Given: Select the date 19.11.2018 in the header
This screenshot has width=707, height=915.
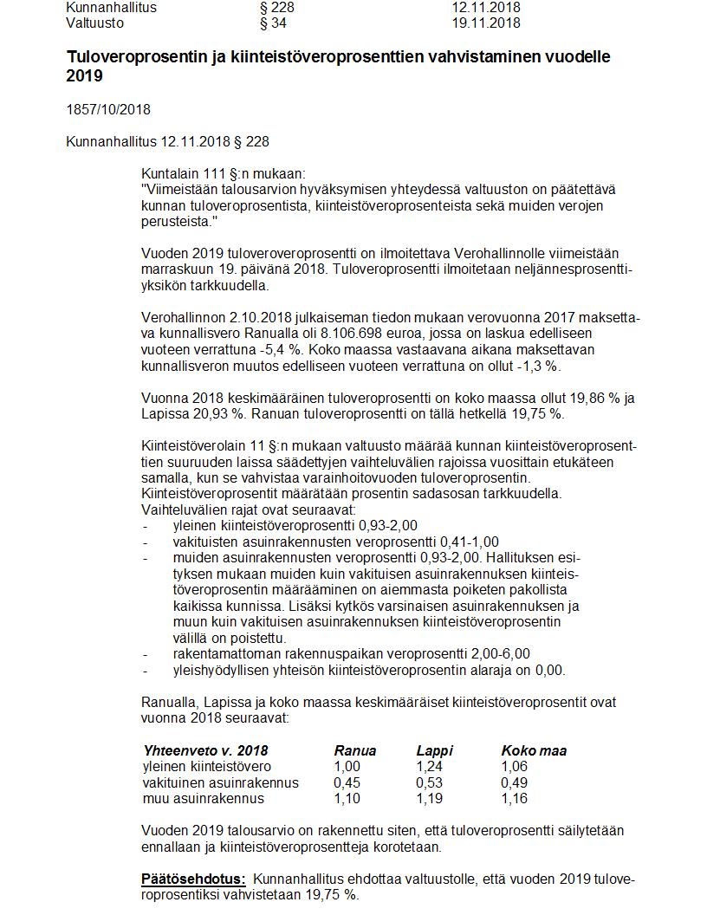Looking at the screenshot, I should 485,23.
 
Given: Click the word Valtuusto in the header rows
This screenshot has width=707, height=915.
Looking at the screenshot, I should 94,23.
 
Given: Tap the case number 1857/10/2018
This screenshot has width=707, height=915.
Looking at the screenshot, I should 108,109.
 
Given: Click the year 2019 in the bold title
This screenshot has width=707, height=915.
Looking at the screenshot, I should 84,76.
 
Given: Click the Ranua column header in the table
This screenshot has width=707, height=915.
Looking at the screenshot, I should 355,750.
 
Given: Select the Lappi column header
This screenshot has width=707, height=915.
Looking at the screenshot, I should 434,750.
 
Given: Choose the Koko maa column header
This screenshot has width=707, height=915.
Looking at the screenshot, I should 534,750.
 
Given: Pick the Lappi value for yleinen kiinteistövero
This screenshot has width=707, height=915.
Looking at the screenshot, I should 428,767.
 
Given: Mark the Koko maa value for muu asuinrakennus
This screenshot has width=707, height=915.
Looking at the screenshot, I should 514,798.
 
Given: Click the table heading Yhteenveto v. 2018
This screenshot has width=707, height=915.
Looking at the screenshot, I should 205,750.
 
